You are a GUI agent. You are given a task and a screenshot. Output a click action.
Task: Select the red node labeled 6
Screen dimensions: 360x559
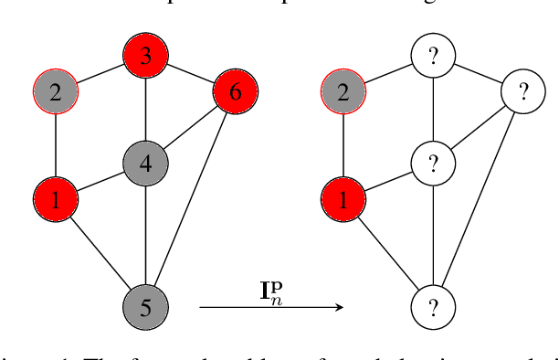[x=236, y=91]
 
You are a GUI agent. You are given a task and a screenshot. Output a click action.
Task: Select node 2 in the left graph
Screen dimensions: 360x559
[x=57, y=91]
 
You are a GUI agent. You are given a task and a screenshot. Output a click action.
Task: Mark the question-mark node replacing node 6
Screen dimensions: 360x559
[x=523, y=91]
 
